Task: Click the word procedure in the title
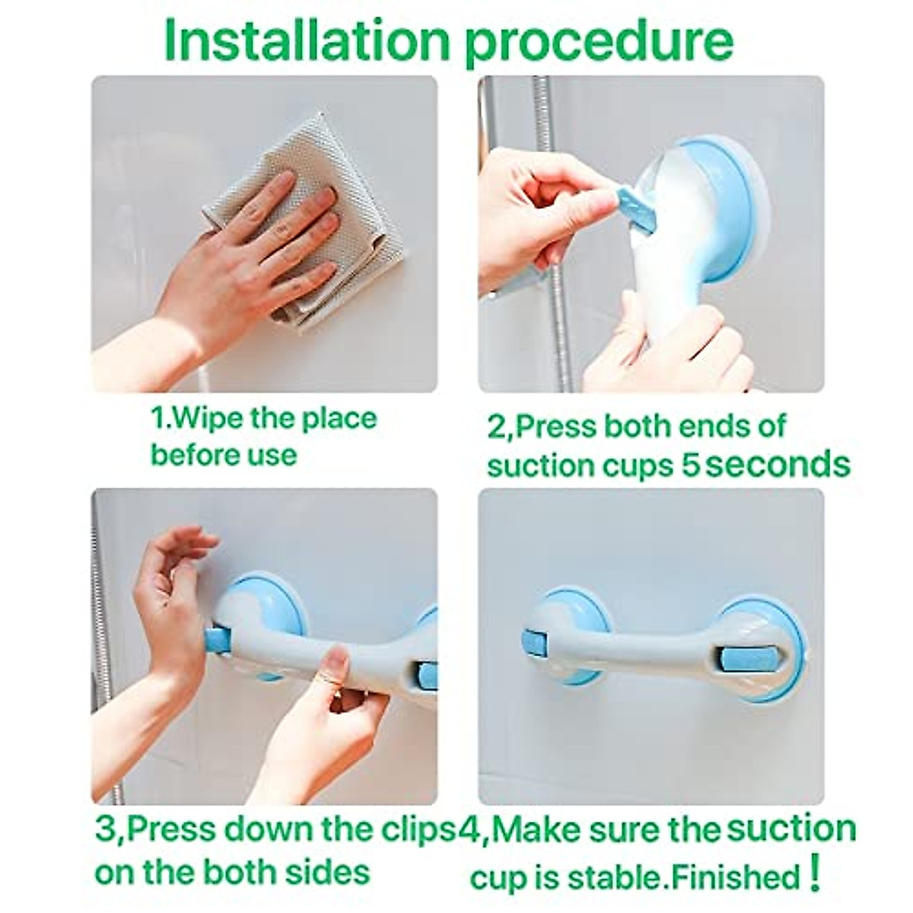click(x=599, y=46)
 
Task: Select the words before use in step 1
click(x=224, y=455)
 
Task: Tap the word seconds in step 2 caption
click(x=778, y=466)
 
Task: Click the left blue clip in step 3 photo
click(x=216, y=640)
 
